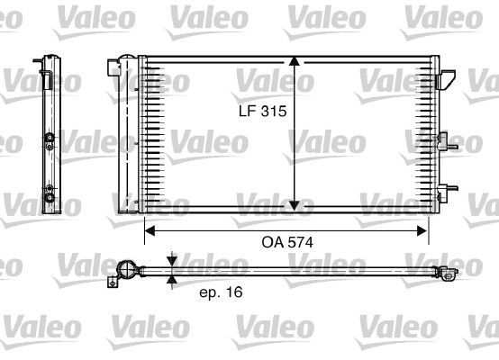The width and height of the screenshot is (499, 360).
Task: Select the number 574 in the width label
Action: click(299, 241)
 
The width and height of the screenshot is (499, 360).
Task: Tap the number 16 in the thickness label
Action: click(234, 292)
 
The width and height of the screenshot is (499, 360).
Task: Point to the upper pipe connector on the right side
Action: click(444, 140)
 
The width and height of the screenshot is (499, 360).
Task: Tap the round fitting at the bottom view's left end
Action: click(128, 269)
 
